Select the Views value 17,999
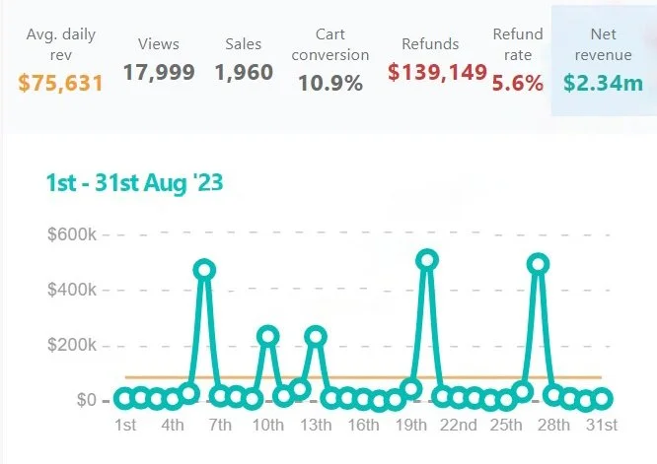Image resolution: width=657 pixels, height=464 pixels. pos(159,72)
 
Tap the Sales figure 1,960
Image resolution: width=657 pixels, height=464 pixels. pos(244,72)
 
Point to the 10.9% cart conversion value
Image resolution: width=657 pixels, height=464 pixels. pos(330,84)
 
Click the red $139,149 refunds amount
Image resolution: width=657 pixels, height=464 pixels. pos(437,72)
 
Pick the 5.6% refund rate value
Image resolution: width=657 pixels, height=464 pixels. pos(518,84)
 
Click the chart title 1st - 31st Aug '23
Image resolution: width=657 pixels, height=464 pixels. pos(134,183)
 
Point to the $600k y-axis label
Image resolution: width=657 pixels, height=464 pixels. pos(71,234)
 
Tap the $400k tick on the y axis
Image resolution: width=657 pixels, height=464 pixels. pos(71,291)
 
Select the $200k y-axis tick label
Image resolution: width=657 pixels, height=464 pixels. pos(71,346)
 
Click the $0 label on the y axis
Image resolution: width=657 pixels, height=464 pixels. pos(85,400)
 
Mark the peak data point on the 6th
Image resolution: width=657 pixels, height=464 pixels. pos(204,269)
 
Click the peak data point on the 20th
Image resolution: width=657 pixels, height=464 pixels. pos(427,260)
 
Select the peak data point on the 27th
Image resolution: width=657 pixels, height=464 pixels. pos(538,264)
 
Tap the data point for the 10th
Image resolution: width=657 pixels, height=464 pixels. pos(267,336)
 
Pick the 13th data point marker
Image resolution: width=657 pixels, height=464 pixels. pos(316,336)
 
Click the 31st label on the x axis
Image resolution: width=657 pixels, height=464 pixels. pos(602,426)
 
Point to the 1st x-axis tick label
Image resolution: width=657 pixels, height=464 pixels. pos(125,426)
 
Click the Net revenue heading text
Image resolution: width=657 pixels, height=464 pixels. pos(603,45)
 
